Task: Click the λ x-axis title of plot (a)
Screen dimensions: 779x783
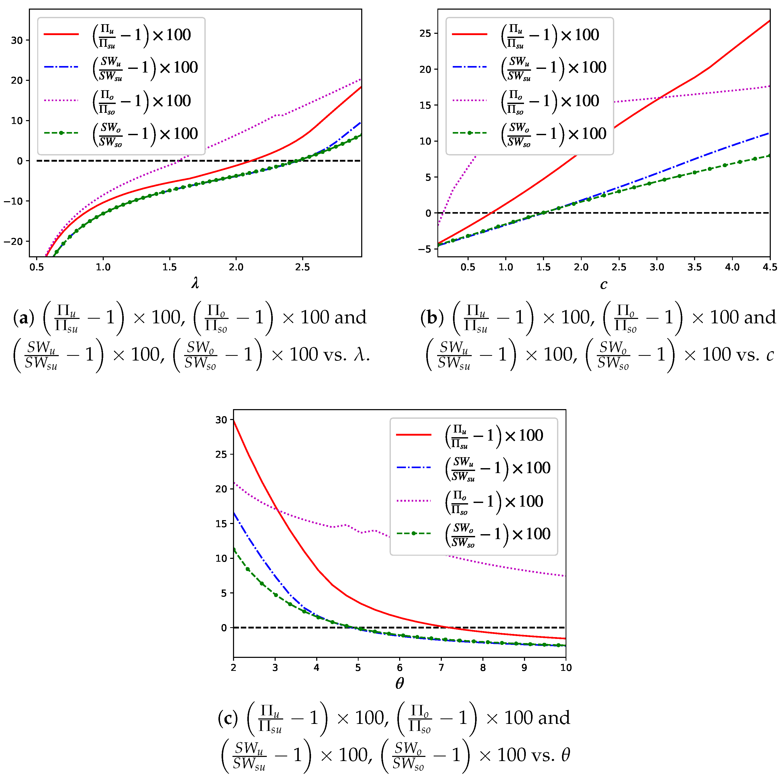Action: pos(195,282)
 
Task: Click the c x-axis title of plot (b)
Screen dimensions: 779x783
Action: pos(604,284)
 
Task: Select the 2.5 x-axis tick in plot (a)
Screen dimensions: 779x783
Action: pos(302,267)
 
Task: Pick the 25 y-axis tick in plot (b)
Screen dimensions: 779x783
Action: pos(425,34)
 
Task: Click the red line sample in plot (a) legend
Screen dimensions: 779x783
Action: pos(61,34)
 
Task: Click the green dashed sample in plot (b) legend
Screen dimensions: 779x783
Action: pos(470,133)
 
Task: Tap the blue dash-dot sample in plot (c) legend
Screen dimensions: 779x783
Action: pos(414,468)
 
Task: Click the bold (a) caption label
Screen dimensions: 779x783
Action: pos(23,318)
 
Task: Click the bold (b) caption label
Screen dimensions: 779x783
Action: pos(432,318)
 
